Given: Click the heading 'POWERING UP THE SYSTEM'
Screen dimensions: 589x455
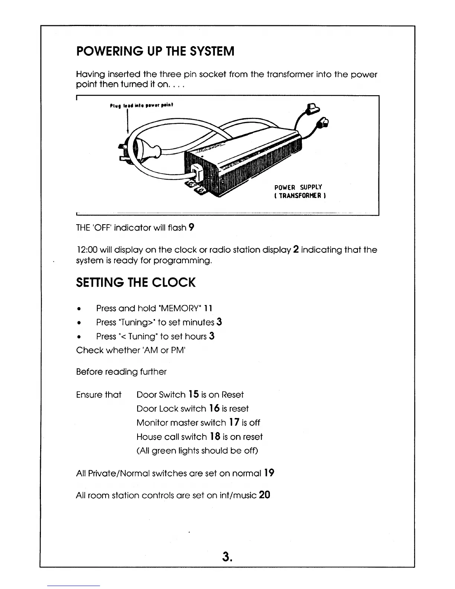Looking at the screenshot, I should click(x=155, y=51).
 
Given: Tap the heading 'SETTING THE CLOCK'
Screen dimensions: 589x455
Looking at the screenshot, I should click(x=135, y=283).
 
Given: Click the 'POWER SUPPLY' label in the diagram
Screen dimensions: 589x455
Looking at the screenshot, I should click(x=298, y=187).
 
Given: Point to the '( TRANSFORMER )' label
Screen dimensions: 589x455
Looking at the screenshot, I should click(x=300, y=196).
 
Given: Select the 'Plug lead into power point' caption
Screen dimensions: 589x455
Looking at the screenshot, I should click(x=142, y=105).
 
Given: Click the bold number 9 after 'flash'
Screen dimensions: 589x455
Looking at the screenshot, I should click(x=191, y=227).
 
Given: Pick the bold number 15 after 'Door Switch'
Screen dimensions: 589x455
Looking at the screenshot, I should click(x=193, y=395).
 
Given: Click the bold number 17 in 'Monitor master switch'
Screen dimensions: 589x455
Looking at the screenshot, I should click(x=234, y=423).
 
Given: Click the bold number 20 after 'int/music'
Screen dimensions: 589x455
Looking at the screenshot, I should click(x=265, y=495).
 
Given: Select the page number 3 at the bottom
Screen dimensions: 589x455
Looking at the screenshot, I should click(x=227, y=556).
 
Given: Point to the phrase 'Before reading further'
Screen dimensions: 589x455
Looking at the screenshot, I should click(x=121, y=372).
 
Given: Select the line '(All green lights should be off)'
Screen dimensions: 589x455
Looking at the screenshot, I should click(x=197, y=451).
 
